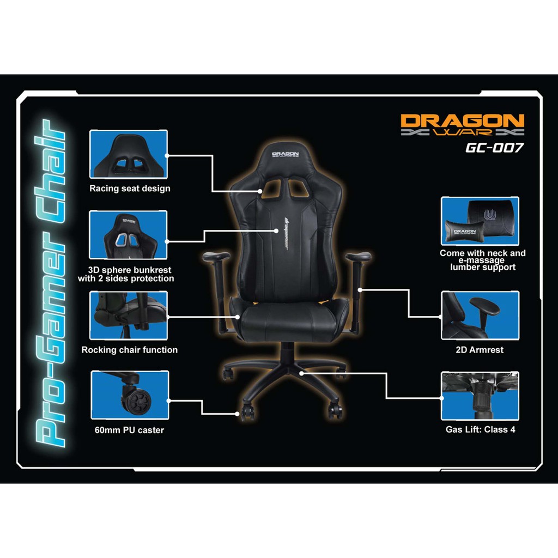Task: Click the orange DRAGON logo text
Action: point(462,120)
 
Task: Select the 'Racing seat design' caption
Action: point(130,189)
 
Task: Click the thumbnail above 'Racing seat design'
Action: point(129,154)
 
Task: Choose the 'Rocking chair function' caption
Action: point(130,350)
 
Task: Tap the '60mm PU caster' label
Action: point(129,430)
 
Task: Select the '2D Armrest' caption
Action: point(480,350)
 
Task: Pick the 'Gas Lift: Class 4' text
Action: point(481,429)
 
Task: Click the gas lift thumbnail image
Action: point(480,396)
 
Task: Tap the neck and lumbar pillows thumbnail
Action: point(480,221)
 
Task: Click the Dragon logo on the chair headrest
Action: point(286,156)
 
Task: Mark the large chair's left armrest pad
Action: point(216,256)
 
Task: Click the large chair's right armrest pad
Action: point(358,256)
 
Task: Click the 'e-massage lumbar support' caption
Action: point(483,264)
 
